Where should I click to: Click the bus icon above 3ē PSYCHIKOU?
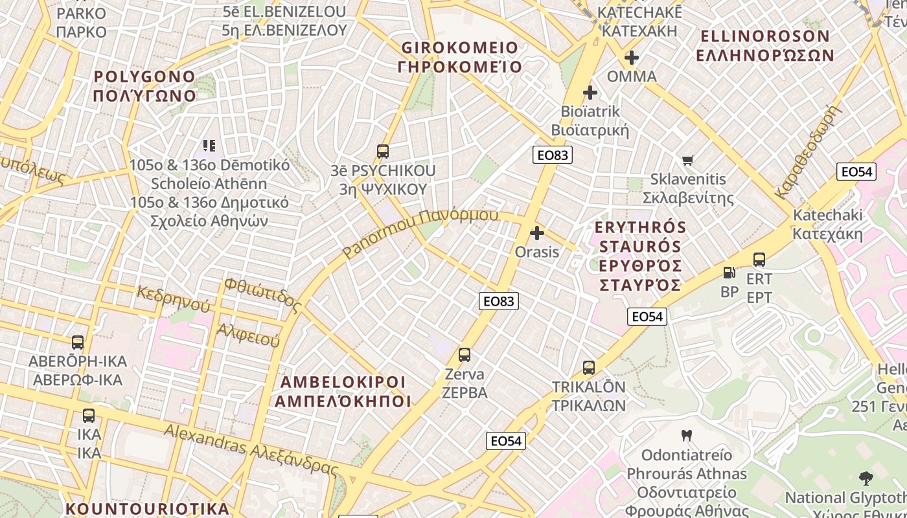point(383,152)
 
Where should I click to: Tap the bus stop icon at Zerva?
point(464,355)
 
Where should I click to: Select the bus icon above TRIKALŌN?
point(588,368)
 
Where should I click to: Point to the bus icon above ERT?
point(759,260)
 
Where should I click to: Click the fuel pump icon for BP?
point(729,273)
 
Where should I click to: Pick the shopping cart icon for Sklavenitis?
point(688,160)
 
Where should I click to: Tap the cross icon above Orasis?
point(537,232)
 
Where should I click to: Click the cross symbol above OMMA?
point(632,58)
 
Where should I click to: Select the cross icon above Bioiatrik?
point(590,93)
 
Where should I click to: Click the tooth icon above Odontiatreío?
point(687,436)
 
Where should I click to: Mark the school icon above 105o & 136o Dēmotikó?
point(209,146)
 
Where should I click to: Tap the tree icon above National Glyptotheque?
point(866,479)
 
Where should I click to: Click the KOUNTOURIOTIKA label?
point(148,508)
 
